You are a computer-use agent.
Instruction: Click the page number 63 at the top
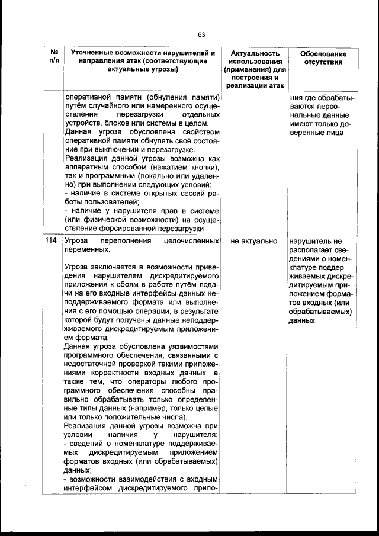tap(201, 34)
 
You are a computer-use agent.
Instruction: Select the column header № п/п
tap(54, 57)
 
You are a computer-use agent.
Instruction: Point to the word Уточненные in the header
tap(91, 53)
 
